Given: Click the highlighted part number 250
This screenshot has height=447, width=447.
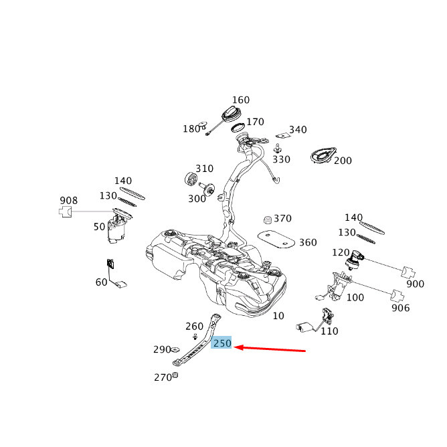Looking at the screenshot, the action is click(221, 343).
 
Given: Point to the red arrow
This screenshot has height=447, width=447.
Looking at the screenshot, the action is click(270, 349).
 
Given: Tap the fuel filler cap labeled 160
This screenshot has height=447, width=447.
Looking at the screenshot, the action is click(232, 114).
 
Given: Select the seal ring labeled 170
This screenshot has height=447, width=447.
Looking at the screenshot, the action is click(238, 127).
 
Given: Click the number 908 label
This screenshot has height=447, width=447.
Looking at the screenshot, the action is click(68, 200).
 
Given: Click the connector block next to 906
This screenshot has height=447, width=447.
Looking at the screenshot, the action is click(397, 296).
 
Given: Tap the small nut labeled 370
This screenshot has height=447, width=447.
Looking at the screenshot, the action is click(268, 219).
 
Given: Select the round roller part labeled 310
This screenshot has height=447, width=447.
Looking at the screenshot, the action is click(191, 179).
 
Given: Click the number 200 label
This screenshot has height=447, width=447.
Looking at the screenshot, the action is click(343, 161).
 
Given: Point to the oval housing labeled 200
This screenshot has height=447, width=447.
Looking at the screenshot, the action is click(323, 155).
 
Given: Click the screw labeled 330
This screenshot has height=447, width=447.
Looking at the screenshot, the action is click(277, 149).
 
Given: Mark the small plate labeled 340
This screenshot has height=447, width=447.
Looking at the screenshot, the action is click(283, 135).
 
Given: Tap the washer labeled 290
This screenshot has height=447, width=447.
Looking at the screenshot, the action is click(175, 349).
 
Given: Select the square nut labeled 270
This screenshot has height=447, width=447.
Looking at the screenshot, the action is click(175, 375).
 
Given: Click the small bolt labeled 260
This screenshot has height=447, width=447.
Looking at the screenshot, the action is click(195, 337).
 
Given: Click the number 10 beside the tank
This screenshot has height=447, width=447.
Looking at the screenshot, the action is click(278, 316).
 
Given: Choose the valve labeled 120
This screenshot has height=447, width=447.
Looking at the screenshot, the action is click(355, 259).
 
